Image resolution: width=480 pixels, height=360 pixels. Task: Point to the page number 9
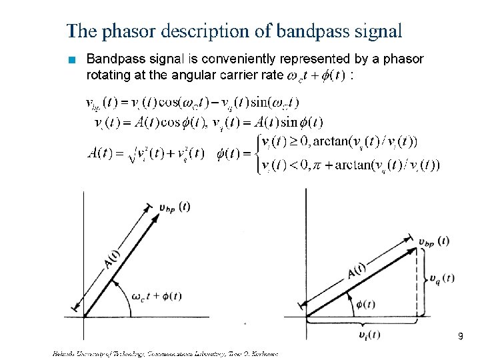tap(460, 337)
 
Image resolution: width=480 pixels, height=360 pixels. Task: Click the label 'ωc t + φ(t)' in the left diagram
tap(157, 297)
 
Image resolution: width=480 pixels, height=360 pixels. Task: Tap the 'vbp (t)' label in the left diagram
tap(175, 207)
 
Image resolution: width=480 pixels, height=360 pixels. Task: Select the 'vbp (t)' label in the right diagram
tap(433, 241)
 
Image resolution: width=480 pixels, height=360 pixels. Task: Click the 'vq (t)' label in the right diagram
tap(442, 277)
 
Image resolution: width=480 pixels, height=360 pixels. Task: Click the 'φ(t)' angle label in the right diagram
tap(365, 305)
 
